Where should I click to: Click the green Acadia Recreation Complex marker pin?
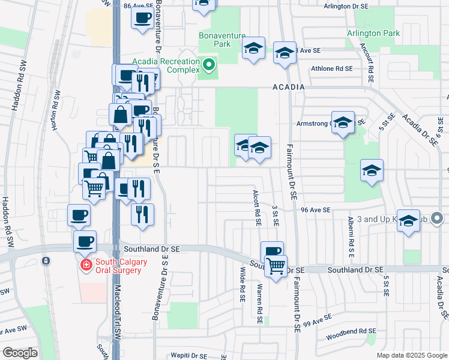(x=209, y=63)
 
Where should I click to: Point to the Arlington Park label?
(x=373, y=34)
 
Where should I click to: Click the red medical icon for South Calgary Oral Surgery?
(x=86, y=265)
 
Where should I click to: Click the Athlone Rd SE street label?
(x=331, y=68)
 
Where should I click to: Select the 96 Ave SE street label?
(x=316, y=209)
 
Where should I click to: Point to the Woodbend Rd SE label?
(x=352, y=331)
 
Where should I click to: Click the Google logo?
(x=20, y=352)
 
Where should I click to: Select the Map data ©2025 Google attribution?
(x=411, y=355)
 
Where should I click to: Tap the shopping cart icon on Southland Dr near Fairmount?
(x=276, y=265)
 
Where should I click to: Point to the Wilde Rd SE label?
(x=243, y=284)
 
